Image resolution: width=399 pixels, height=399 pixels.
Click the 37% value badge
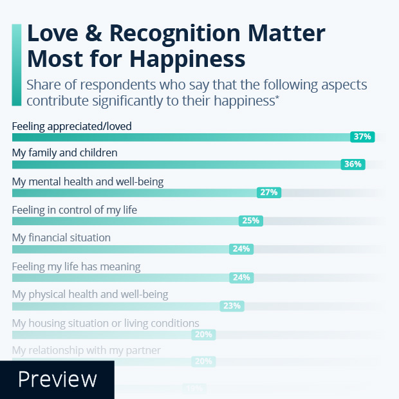362,136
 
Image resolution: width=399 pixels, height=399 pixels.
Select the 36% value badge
353,164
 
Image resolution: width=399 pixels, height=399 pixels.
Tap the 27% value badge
268,192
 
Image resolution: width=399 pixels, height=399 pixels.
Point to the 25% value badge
250,221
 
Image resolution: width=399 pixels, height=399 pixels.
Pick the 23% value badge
231,306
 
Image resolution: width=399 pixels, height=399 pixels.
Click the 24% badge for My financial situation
241,249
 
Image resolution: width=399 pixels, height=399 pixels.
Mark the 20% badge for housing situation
203,335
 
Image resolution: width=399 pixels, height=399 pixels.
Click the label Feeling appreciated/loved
71,126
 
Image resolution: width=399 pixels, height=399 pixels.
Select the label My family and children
64,153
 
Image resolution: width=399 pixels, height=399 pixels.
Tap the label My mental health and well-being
88,181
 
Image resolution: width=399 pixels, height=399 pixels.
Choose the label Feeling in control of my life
74,210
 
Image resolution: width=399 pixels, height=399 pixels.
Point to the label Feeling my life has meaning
76,266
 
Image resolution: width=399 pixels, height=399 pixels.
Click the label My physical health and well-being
90,295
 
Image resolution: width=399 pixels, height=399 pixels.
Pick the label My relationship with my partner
86,351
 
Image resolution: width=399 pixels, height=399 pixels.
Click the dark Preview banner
57,380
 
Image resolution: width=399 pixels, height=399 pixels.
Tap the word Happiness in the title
187,59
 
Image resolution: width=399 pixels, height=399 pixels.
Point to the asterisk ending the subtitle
278,97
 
